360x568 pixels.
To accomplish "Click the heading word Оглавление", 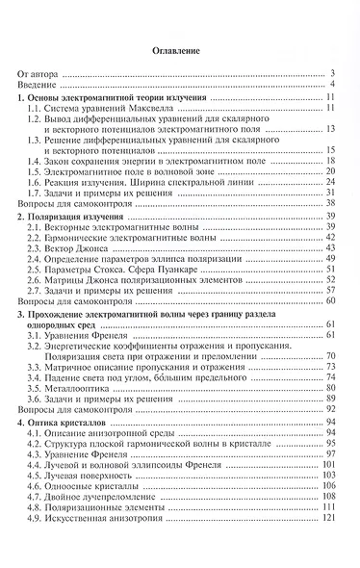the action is (180, 47).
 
